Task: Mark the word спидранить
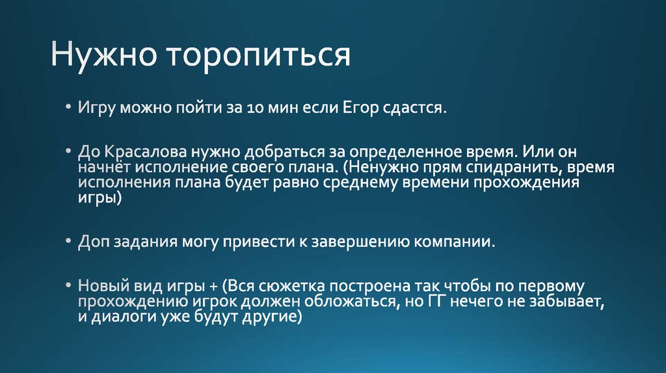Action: [506, 168]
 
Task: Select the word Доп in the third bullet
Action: [94, 242]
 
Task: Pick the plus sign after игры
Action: [213, 287]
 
